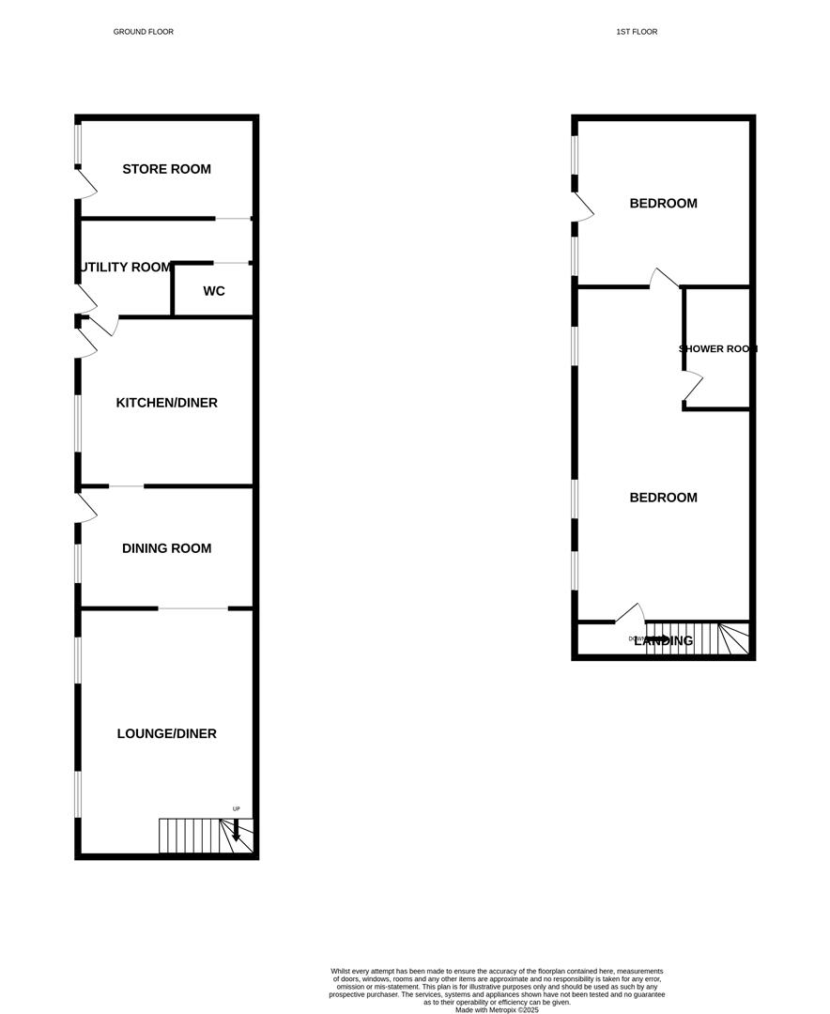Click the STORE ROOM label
(x=166, y=169)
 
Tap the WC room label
(x=214, y=291)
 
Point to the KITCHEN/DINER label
(x=166, y=403)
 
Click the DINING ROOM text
(x=166, y=548)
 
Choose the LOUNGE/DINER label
(x=166, y=733)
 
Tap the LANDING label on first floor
(x=664, y=641)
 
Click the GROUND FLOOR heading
(x=144, y=32)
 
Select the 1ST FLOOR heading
(x=637, y=32)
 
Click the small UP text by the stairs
(x=237, y=808)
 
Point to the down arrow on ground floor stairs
(x=236, y=830)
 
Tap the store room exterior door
(x=86, y=184)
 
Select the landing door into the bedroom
(x=631, y=613)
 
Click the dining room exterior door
(x=86, y=508)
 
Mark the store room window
(x=78, y=146)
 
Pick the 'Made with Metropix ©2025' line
(x=498, y=1009)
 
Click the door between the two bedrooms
(x=665, y=277)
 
